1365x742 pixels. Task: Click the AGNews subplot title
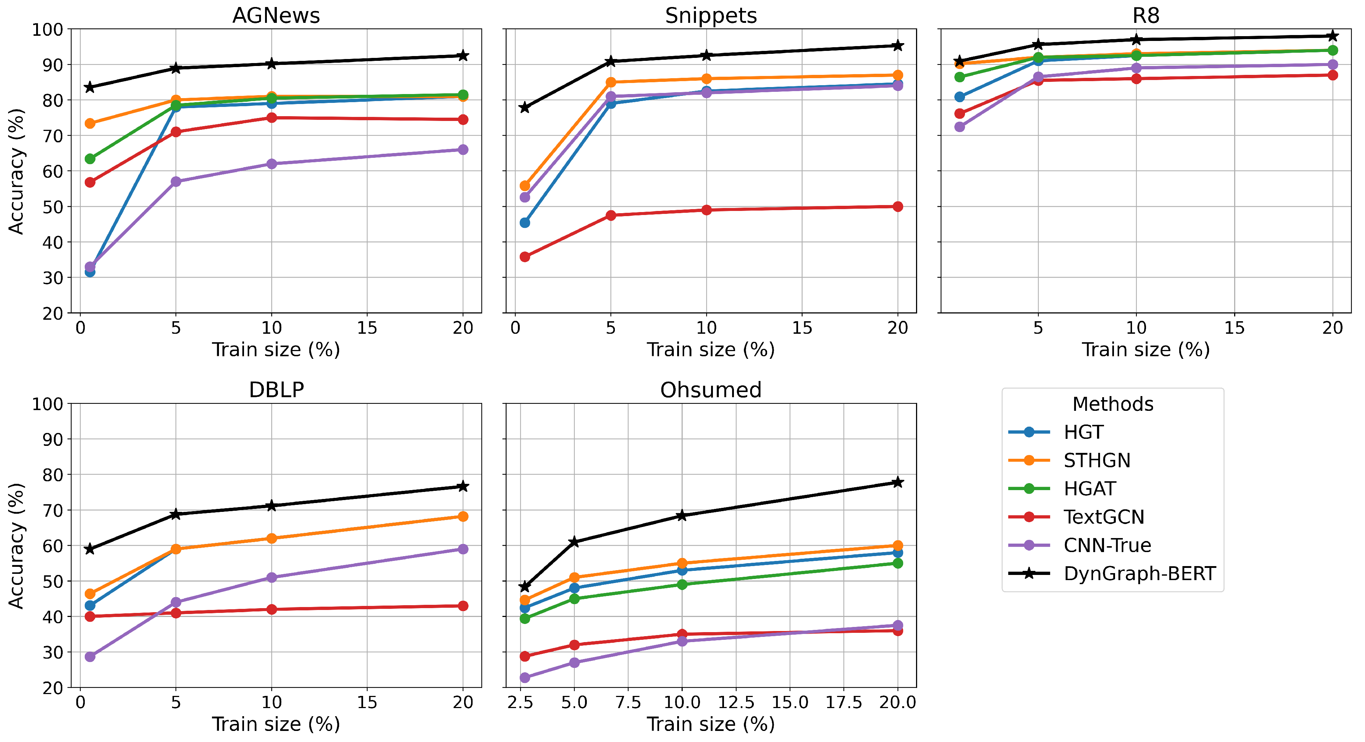click(276, 15)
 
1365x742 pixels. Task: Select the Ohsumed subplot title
click(711, 390)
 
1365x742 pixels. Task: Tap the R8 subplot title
click(1146, 15)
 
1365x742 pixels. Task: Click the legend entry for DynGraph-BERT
click(1139, 573)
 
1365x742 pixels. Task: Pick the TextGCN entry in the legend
click(1104, 517)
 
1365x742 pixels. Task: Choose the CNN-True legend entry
click(1107, 545)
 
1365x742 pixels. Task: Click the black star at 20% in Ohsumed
click(898, 482)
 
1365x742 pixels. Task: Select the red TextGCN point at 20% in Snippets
click(898, 207)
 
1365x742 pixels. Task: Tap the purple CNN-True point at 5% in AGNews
click(176, 182)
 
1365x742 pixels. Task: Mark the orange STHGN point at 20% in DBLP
click(463, 516)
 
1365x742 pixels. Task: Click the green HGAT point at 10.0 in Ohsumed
click(682, 585)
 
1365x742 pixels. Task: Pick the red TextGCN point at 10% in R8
click(1136, 79)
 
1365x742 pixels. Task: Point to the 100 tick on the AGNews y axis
click(47, 30)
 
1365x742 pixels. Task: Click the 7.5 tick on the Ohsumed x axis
click(628, 703)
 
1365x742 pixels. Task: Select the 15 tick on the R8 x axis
click(1235, 328)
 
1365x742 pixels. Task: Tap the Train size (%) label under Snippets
click(711, 350)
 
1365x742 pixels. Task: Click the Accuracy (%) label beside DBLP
click(16, 545)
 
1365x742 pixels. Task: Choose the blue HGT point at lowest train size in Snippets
click(525, 223)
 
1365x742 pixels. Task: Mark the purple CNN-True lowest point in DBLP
click(90, 657)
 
